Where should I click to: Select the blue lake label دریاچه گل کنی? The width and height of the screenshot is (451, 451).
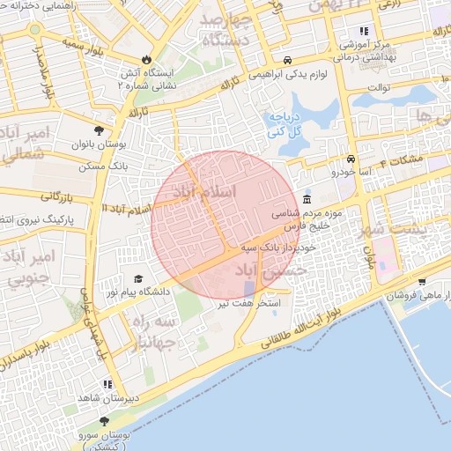286,124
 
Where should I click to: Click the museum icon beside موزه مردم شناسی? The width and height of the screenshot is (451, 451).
306,199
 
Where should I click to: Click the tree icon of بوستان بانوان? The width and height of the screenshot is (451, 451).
99,129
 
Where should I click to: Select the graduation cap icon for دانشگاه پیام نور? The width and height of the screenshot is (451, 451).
138,278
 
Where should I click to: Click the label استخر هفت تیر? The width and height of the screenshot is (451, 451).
249,304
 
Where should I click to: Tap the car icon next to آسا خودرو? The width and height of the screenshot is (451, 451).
351,159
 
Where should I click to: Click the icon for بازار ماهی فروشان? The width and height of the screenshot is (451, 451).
422,282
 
